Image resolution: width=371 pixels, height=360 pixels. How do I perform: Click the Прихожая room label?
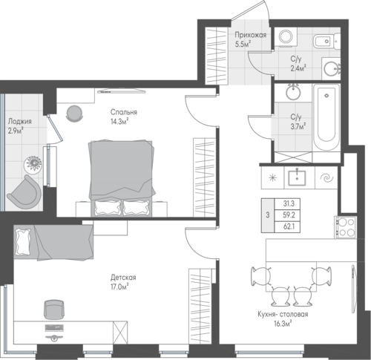[x=251, y=35]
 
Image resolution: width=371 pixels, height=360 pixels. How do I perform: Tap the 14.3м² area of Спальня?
[x=120, y=122]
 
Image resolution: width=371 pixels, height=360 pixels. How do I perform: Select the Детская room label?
[x=123, y=278]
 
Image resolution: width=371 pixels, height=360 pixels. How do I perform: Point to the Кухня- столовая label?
[x=283, y=315]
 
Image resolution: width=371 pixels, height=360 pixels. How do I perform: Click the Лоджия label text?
[x=20, y=122]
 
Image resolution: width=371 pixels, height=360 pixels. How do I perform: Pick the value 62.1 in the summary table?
[x=289, y=226]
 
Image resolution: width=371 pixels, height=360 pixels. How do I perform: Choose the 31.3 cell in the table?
[x=289, y=203]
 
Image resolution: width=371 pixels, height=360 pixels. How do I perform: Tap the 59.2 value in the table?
[x=289, y=215]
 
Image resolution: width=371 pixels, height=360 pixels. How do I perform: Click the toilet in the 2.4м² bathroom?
[x=326, y=41]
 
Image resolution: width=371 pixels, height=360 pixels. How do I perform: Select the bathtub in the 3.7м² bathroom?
[x=326, y=117]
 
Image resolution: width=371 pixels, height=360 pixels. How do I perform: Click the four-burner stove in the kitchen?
[x=346, y=227]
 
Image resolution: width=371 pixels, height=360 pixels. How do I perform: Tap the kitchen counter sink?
[x=297, y=177]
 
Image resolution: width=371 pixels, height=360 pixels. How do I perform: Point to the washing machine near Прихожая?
[x=286, y=36]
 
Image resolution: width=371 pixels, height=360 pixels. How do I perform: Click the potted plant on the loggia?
[x=33, y=164]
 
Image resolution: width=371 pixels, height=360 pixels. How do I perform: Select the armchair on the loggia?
[x=24, y=191]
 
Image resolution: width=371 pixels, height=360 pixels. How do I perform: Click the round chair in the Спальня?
[x=74, y=114]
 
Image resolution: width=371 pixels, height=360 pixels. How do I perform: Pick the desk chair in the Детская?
[x=53, y=310]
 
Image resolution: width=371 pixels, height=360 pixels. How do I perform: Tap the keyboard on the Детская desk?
[x=54, y=328]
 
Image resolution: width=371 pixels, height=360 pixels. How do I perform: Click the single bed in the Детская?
[x=53, y=243]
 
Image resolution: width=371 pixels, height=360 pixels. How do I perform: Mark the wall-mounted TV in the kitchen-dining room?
[x=354, y=289]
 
